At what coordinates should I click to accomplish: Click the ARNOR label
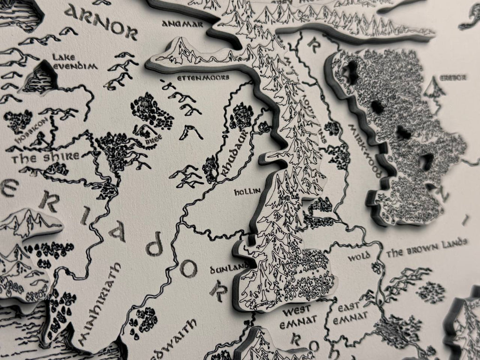(100, 21)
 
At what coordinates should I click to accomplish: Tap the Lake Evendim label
(75, 62)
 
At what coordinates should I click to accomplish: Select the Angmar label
(183, 23)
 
